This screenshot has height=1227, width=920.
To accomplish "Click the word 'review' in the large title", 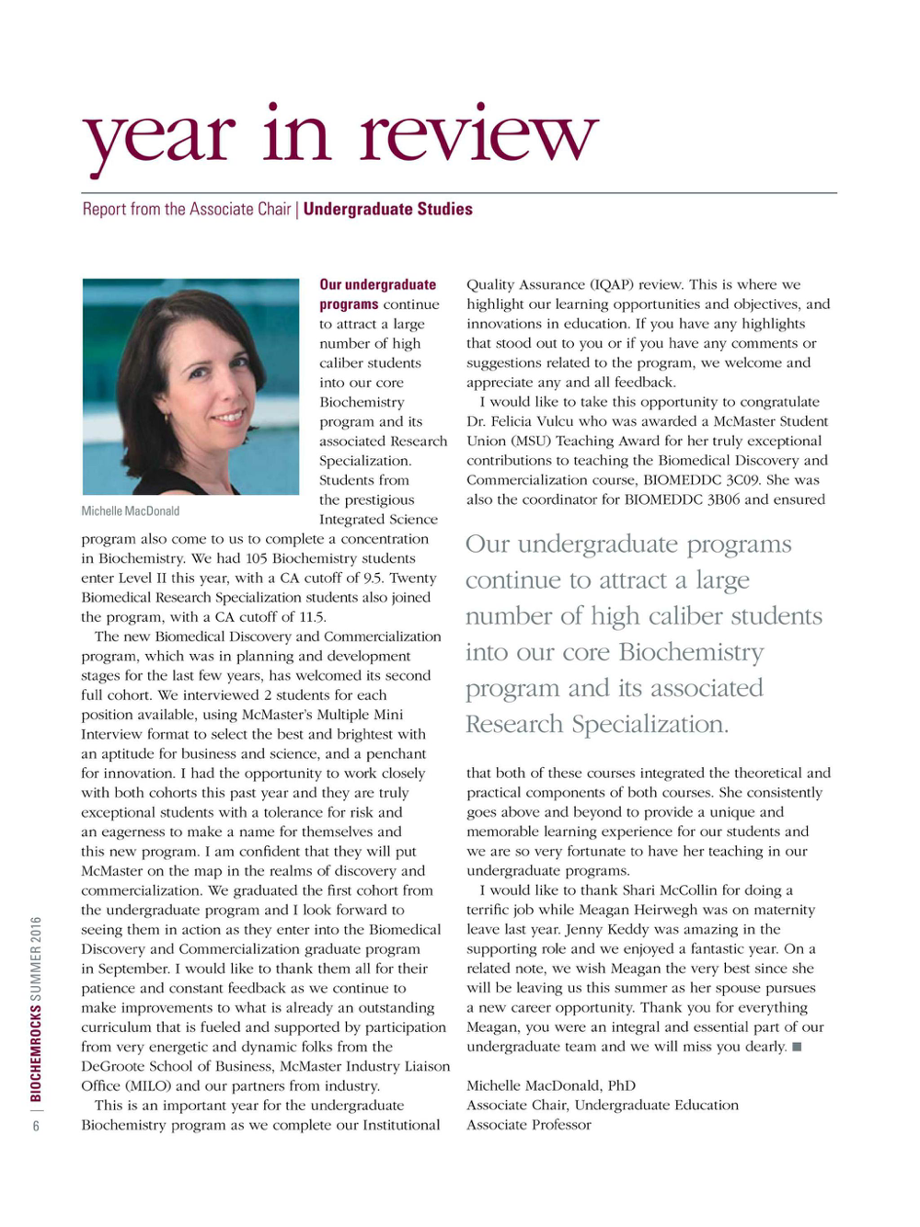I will [x=478, y=135].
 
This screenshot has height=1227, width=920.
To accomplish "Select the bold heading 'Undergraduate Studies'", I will [x=387, y=210].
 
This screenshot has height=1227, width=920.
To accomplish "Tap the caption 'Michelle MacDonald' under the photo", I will [x=131, y=511].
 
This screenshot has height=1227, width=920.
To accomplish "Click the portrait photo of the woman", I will [x=190, y=387].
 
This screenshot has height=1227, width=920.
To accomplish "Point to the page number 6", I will [x=37, y=1126].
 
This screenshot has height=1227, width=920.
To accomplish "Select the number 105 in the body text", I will [x=257, y=558].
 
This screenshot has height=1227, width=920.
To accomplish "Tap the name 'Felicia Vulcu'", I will [x=532, y=421].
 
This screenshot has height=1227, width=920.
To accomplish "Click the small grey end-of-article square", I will [x=797, y=1047].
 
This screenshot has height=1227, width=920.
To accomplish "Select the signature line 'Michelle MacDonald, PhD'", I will [x=551, y=1085].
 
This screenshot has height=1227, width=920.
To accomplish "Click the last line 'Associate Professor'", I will [x=529, y=1125].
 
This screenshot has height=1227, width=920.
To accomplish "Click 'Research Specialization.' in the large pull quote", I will [x=597, y=724].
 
